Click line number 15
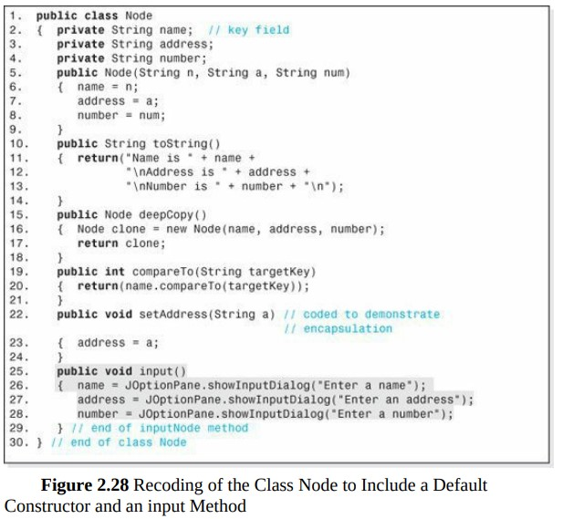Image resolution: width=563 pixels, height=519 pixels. pyautogui.click(x=18, y=215)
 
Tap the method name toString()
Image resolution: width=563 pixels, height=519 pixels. pyautogui.click(x=186, y=144)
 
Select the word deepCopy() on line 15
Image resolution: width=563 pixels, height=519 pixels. pyautogui.click(x=172, y=215)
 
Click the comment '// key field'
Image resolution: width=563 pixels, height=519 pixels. pyautogui.click(x=249, y=30)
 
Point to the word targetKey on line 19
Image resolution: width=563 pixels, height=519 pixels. pyautogui.click(x=279, y=272)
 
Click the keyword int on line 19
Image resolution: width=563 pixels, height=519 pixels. pyautogui.click(x=115, y=272)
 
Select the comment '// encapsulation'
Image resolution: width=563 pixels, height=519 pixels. pyautogui.click(x=339, y=328)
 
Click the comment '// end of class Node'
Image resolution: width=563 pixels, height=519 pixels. pyautogui.click(x=119, y=442)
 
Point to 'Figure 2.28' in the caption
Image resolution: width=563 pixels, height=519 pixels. pyautogui.click(x=85, y=485)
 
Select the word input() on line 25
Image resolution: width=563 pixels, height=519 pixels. pyautogui.click(x=162, y=371)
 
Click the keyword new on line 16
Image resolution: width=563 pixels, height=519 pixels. pyautogui.click(x=176, y=229)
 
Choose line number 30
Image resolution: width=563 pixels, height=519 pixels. pyautogui.click(x=18, y=442)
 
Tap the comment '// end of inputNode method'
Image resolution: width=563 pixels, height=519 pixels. pyautogui.click(x=160, y=428)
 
